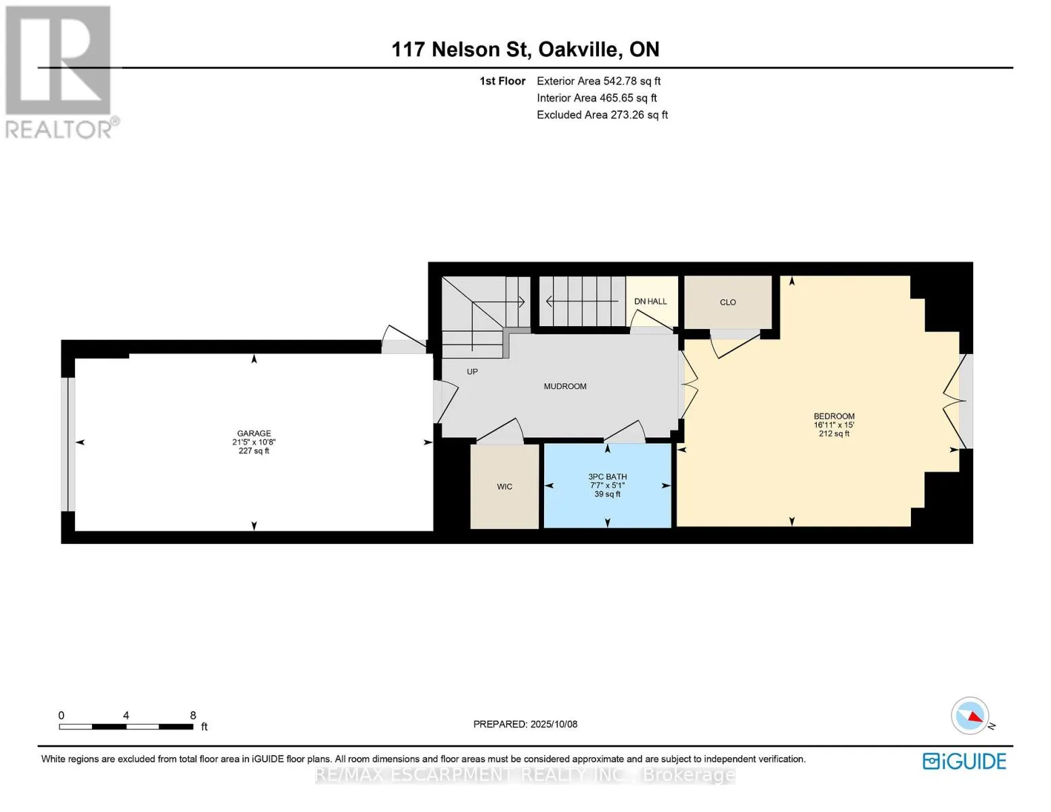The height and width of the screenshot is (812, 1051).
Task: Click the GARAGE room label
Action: (x=253, y=433)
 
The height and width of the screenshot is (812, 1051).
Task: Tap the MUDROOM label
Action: (x=565, y=386)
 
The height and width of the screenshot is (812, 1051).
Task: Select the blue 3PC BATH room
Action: (x=608, y=486)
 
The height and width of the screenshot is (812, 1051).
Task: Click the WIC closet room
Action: (x=504, y=486)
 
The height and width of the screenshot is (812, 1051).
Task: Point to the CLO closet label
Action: (x=728, y=302)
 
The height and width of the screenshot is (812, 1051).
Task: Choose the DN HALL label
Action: (x=650, y=301)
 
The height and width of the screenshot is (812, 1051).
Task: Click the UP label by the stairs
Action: (x=472, y=372)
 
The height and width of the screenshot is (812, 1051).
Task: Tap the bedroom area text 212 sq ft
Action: (x=834, y=434)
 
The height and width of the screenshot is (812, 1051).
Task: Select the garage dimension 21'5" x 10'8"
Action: (x=254, y=442)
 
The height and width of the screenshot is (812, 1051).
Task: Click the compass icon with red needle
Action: (x=970, y=716)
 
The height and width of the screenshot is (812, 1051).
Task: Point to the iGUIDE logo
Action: (x=964, y=761)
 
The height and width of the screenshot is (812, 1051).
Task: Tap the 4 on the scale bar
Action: (x=126, y=715)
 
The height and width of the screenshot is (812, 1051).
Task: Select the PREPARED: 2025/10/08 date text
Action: (x=525, y=724)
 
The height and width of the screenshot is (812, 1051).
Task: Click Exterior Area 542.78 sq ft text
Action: (x=599, y=81)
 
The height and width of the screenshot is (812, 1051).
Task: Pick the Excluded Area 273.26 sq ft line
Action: (x=602, y=114)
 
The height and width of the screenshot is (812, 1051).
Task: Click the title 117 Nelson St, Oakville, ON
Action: (x=525, y=49)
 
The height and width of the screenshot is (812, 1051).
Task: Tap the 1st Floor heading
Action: (x=502, y=81)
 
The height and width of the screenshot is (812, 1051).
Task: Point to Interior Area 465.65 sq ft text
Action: (x=597, y=98)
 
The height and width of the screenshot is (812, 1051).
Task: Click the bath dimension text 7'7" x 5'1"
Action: (x=608, y=485)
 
